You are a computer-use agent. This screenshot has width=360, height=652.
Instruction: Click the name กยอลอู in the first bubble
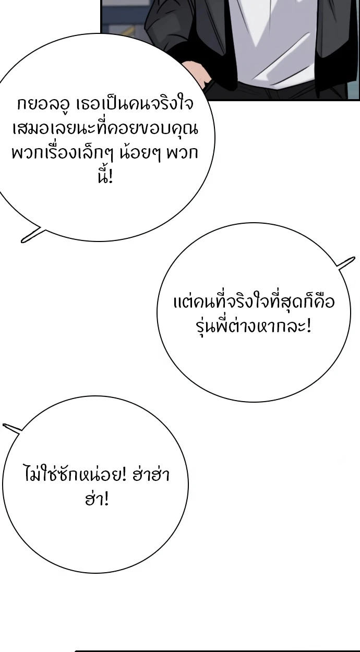click(x=43, y=105)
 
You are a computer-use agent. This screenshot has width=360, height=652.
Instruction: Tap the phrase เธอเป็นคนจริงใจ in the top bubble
click(x=134, y=104)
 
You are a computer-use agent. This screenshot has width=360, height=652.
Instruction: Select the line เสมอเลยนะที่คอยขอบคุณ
click(x=105, y=129)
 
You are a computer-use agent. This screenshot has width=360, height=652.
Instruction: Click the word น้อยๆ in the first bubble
click(x=140, y=153)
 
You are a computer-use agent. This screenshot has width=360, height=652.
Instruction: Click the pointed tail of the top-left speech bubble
click(x=22, y=241)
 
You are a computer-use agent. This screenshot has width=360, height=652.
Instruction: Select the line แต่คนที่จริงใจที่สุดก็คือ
click(x=254, y=301)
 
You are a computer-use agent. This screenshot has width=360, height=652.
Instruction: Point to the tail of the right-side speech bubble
click(x=354, y=258)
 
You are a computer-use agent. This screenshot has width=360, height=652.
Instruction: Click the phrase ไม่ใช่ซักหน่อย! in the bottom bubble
click(x=75, y=474)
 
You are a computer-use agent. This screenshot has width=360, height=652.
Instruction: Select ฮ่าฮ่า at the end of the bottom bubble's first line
click(x=151, y=474)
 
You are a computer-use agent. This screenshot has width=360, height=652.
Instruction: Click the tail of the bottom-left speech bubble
click(x=4, y=425)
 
